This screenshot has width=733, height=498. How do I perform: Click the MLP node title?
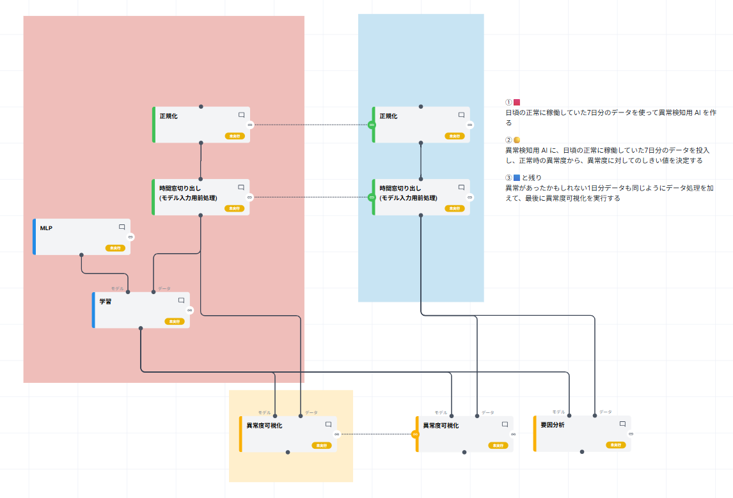pos(46,228)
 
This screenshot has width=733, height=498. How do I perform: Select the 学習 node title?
pos(106,301)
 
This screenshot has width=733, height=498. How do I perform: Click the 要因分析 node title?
pos(552,425)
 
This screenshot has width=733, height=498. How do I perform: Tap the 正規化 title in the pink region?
pos(168,116)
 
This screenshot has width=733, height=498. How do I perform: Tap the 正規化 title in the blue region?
pos(388,116)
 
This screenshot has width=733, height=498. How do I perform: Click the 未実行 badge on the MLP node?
pos(115,248)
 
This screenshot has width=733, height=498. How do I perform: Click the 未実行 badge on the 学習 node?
pos(174,322)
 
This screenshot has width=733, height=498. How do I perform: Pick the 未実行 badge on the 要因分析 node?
pos(615,445)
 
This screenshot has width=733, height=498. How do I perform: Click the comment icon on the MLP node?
pos(122,227)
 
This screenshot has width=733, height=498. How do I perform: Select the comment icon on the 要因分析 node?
pos(622,424)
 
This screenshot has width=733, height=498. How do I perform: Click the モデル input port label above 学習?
pos(117,288)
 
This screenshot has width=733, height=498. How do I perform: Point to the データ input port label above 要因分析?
pos(605,412)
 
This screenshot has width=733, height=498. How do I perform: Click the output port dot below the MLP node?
pos(82,255)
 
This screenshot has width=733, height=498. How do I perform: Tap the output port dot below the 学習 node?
pos(141,329)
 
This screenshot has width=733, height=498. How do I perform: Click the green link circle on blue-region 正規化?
pos(372,125)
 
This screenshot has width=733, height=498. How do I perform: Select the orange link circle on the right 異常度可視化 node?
pos(415,434)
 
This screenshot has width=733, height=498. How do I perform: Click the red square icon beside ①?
pos(517,102)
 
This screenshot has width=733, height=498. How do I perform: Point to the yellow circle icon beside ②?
pos(517,140)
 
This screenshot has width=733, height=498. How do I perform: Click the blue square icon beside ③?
pos(517,177)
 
